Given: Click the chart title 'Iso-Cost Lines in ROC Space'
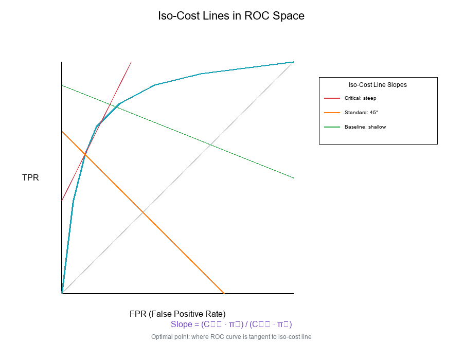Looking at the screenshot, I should [x=231, y=16].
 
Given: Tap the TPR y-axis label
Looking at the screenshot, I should [x=30, y=178].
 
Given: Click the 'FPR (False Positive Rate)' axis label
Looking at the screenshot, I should [x=177, y=314].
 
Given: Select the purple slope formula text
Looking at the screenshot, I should [x=232, y=325].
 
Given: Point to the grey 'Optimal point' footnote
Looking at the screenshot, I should [x=231, y=337].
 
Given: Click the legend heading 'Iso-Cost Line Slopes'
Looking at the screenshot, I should [x=378, y=85].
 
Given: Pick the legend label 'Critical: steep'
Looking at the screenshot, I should [x=360, y=98].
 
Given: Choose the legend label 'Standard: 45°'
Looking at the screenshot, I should [x=361, y=112].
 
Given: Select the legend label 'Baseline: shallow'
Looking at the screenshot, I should [x=365, y=127].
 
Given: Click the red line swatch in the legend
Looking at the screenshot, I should [x=332, y=98].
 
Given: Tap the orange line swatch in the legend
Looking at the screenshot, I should [x=332, y=112].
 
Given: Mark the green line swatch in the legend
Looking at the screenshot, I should [x=332, y=127].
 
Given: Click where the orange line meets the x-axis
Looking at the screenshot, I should [x=224, y=293].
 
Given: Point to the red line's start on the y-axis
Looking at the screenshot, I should [x=62, y=201].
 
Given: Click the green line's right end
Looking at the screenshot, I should [x=293, y=178].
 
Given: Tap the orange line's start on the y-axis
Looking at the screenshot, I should [x=62, y=131].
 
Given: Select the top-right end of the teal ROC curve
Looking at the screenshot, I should [x=293, y=62].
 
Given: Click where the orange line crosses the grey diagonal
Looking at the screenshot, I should [x=143, y=212].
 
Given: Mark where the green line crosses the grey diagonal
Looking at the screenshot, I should [x=210, y=145].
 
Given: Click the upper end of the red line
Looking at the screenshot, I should [x=131, y=62].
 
